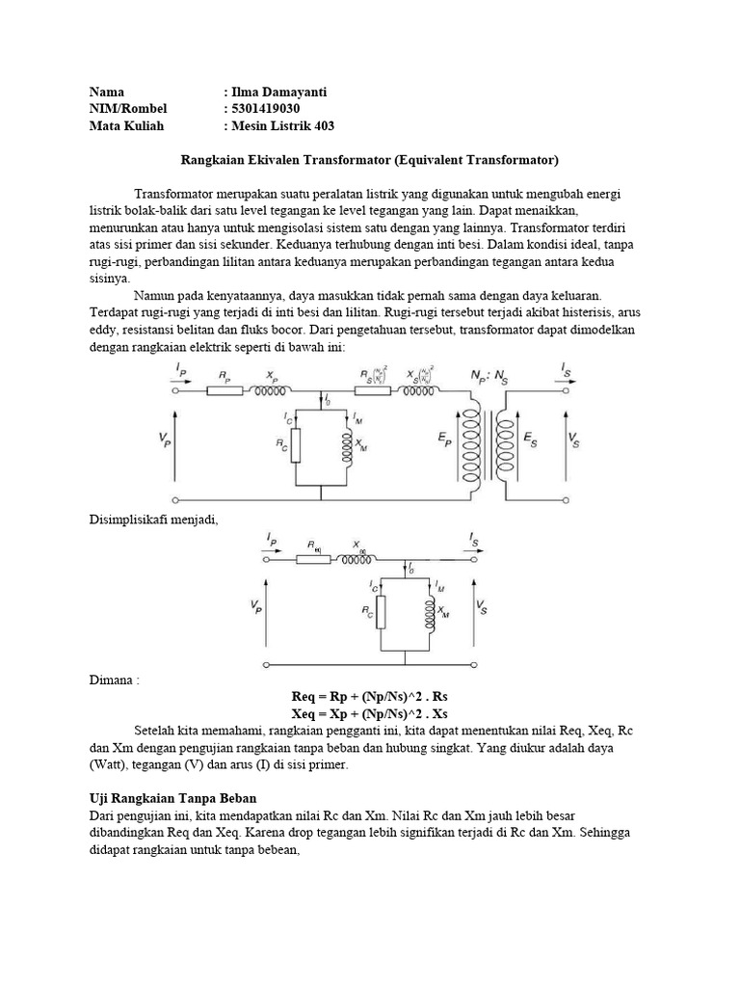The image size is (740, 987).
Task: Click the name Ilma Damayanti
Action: [279, 92]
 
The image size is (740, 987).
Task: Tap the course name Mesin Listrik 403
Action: [283, 126]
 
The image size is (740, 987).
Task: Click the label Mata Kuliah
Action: [127, 126]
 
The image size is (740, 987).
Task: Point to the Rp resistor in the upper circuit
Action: [224, 391]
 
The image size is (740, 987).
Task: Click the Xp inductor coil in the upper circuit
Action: [273, 391]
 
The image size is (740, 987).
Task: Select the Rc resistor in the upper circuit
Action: [295, 445]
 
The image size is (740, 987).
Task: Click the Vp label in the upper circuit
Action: [165, 439]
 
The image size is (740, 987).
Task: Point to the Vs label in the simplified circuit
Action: [481, 606]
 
